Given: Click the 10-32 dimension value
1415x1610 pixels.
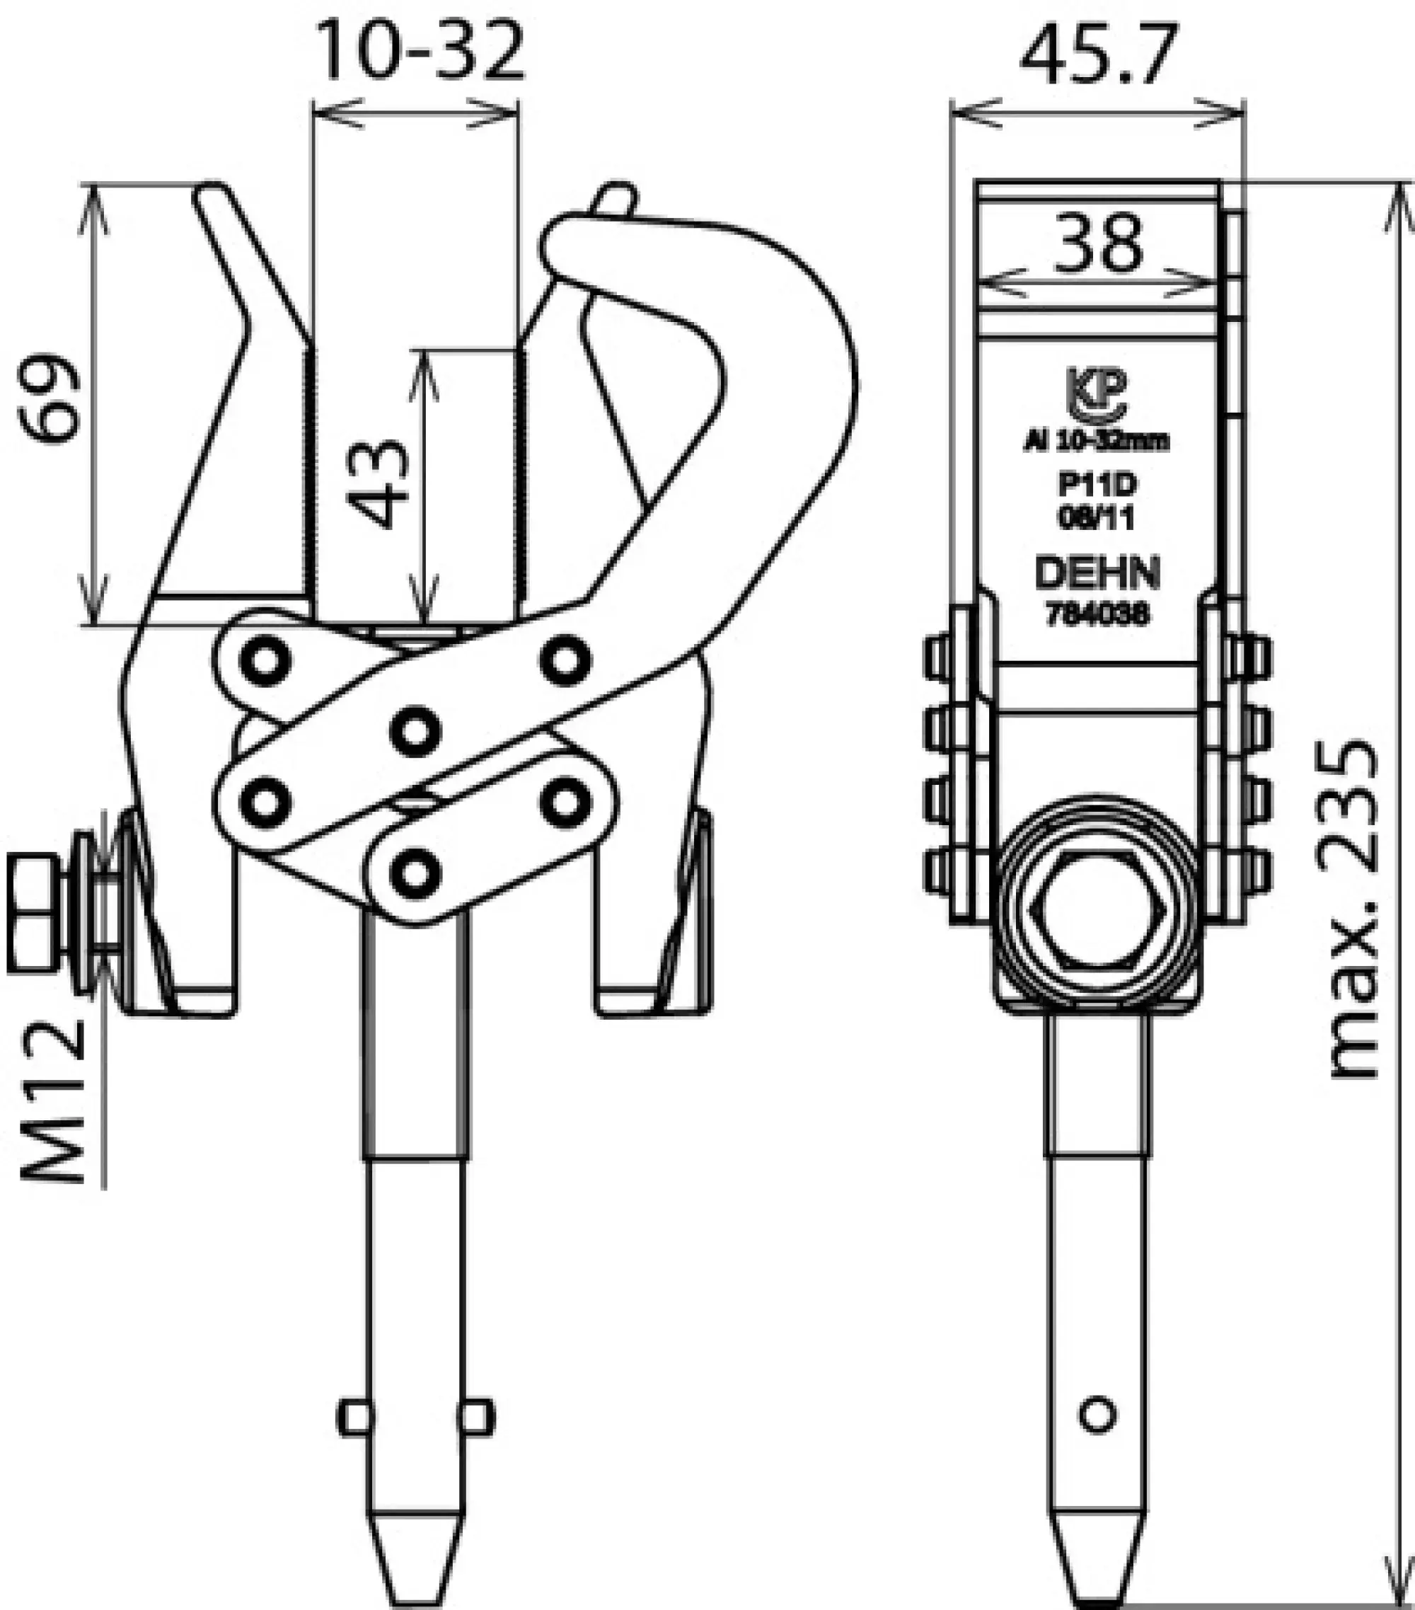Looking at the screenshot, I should [419, 51].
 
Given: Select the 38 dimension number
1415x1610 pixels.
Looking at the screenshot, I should [1099, 242].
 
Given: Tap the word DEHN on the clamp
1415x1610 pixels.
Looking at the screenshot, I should [1097, 573].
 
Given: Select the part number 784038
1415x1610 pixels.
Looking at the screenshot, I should [1097, 614].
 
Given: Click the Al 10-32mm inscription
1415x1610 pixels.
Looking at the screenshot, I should [1097, 441].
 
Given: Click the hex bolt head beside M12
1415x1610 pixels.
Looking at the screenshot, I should [33, 914].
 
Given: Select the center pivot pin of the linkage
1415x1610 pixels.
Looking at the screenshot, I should [415, 730].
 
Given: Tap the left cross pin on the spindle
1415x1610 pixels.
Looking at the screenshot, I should [355, 1417].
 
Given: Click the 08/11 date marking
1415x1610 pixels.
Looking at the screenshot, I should [1097, 518].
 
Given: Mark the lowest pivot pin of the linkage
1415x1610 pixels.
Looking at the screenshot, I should [415, 873].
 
